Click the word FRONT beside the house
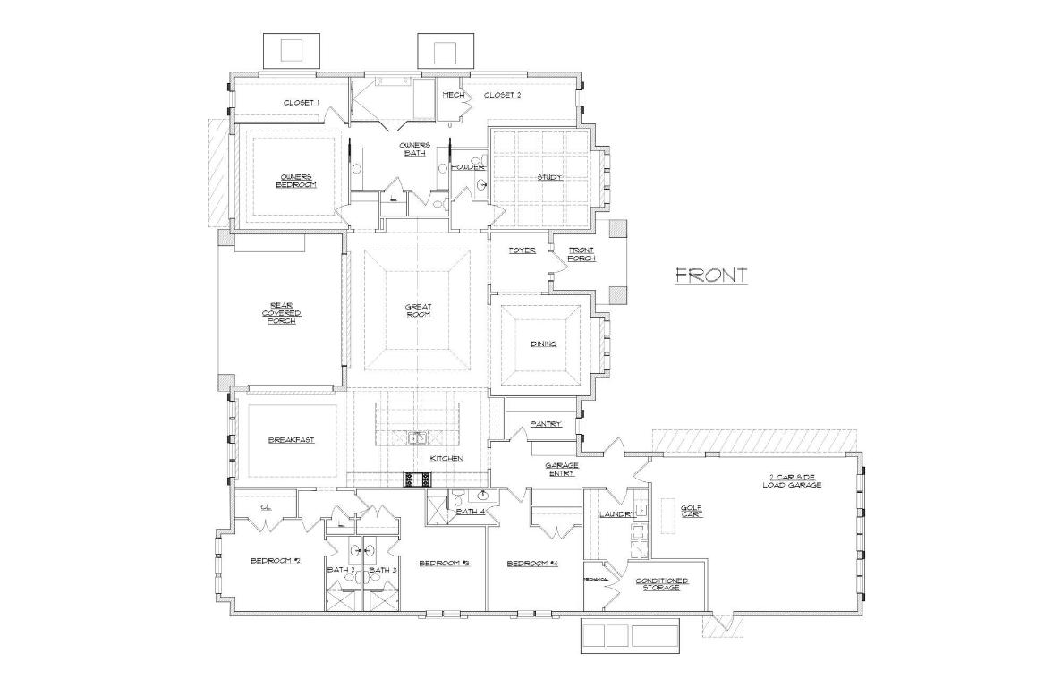(710, 276)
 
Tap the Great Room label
(418, 310)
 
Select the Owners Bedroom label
(296, 180)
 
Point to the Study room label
(549, 177)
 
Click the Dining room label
(543, 343)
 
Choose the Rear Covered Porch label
(281, 312)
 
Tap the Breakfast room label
(291, 440)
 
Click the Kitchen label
(446, 458)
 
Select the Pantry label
(545, 424)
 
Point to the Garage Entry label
(562, 469)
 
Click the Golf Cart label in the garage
(692, 511)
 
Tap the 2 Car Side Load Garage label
(792, 481)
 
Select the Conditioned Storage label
(662, 584)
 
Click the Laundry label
(617, 514)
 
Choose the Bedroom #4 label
(532, 563)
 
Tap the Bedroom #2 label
(275, 561)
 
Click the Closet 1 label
(302, 103)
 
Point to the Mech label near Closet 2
(453, 95)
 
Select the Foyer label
(522, 250)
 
